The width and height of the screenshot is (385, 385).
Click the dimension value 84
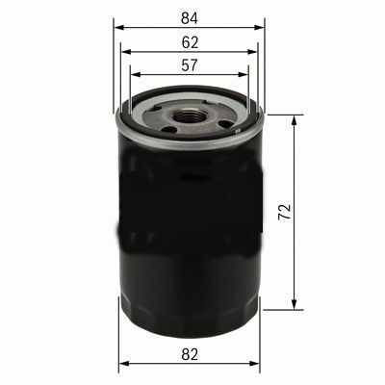(x=189, y=15)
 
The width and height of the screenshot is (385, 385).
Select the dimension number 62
(x=189, y=40)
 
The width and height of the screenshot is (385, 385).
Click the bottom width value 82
(x=189, y=354)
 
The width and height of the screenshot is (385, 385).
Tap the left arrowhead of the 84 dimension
(x=117, y=27)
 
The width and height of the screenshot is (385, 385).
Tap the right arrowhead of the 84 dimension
(x=259, y=27)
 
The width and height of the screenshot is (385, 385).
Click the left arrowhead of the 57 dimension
(x=134, y=73)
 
